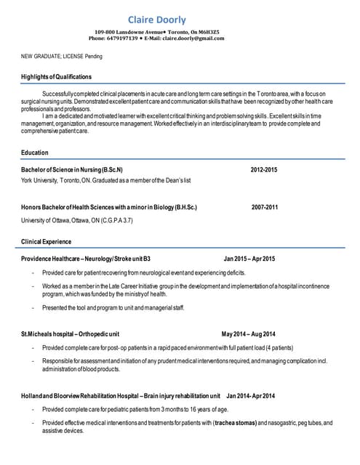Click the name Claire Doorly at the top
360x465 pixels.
[x=156, y=20]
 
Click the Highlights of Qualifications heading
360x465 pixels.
[x=56, y=76]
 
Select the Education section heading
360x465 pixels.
[x=35, y=153]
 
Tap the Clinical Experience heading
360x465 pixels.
[x=47, y=240]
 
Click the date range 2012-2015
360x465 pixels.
[x=264, y=169]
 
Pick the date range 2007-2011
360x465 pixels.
[x=265, y=207]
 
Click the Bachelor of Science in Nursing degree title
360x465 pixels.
[x=72, y=169]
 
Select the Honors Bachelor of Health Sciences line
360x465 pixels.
[x=109, y=207]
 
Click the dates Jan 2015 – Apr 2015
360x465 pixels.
[x=249, y=258]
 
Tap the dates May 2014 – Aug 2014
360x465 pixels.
[x=249, y=333]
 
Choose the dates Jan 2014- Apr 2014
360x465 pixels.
[x=251, y=396]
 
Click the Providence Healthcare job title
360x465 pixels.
[x=86, y=258]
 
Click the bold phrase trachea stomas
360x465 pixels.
[x=234, y=423]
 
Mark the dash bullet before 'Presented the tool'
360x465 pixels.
[x=33, y=308]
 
